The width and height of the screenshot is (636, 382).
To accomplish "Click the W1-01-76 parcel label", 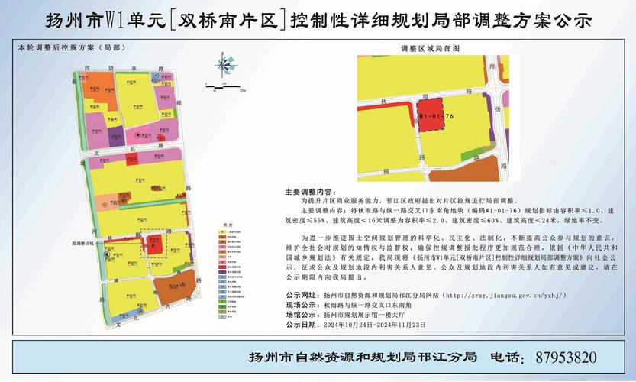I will click(437, 117).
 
